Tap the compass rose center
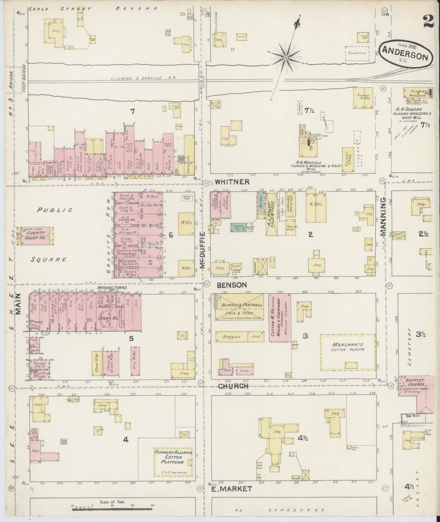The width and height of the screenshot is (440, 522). coord(286,57)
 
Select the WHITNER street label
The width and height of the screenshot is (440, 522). coord(232,182)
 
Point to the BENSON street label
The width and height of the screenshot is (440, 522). coord(231,285)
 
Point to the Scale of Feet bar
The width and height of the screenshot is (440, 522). coord(113,506)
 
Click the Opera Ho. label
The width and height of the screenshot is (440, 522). coord(107,318)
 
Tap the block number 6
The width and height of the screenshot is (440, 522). coord(171,235)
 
